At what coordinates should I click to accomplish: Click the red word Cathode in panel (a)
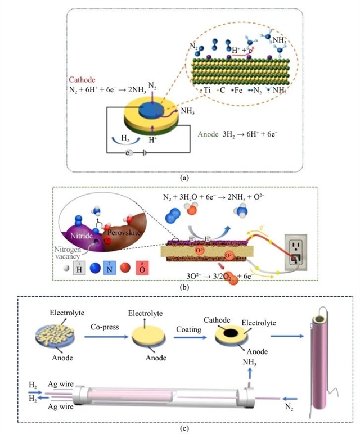[x=82, y=79]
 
